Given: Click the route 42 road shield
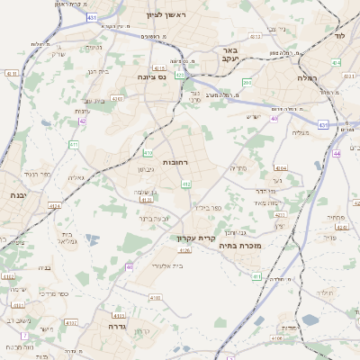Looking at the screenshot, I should [x=83, y=121].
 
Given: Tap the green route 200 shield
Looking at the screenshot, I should [x=247, y=83].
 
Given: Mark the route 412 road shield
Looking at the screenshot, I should [x=186, y=184].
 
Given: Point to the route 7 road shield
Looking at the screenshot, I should [x=24, y=336].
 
